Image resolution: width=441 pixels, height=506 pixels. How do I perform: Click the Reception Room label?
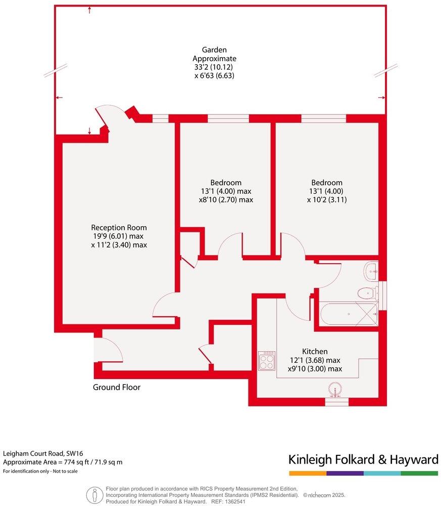click(119, 228)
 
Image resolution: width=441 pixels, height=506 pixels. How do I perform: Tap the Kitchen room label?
click(315, 351)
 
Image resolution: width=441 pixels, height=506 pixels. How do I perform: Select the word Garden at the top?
click(214, 50)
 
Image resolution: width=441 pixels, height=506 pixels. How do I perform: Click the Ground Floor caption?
click(117, 388)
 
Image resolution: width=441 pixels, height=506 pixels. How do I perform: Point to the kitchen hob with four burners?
click(267, 361)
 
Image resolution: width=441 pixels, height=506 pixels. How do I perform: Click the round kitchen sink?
click(335, 390)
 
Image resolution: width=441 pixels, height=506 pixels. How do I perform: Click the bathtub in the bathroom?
click(348, 314)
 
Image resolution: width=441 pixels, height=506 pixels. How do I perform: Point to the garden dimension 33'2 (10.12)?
click(214, 67)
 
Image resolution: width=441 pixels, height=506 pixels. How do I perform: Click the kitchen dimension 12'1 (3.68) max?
click(315, 360)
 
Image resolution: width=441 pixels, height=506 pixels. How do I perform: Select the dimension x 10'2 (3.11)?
click(326, 200)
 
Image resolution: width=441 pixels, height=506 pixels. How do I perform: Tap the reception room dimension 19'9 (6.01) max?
click(119, 236)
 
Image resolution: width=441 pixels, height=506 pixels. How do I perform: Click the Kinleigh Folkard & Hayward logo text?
click(363, 459)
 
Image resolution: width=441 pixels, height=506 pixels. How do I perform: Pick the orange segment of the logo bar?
click(307, 474)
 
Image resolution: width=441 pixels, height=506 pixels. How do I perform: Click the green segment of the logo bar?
click(420, 474)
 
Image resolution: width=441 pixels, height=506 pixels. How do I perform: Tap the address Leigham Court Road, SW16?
click(40, 454)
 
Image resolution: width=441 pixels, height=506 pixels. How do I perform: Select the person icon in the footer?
click(92, 494)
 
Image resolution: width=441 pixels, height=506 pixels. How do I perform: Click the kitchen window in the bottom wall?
click(336, 402)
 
